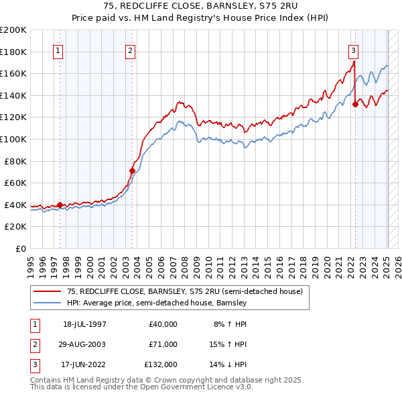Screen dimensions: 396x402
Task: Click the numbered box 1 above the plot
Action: pyautogui.click(x=58, y=50)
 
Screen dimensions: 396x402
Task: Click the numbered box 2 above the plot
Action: pyautogui.click(x=130, y=50)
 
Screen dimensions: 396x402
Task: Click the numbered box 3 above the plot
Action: pyautogui.click(x=352, y=50)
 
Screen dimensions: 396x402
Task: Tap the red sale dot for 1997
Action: pyautogui.click(x=60, y=205)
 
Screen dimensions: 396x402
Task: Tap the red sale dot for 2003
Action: pyautogui.click(x=132, y=170)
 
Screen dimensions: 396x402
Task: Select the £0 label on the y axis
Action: pyautogui.click(x=21, y=248)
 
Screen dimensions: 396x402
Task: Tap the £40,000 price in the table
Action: pyautogui.click(x=163, y=324)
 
